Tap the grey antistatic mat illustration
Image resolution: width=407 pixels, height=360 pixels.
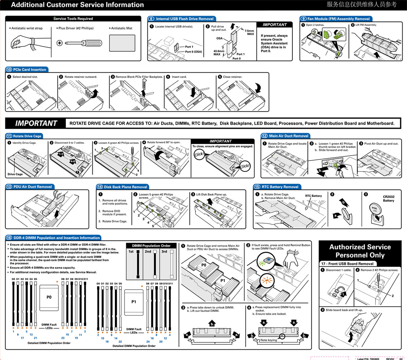tap(122, 43)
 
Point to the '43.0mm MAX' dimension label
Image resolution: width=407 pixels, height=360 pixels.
tap(218, 53)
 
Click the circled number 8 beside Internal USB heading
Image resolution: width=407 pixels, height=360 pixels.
tap(151, 19)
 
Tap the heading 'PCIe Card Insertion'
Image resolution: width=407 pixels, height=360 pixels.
tap(30, 69)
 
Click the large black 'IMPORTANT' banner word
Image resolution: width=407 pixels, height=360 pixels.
tap(36, 123)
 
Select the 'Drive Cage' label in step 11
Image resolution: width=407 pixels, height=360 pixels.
tap(15, 174)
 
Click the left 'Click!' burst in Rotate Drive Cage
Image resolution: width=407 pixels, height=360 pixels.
tap(199, 155)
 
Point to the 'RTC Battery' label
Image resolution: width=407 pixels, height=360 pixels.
tap(313, 196)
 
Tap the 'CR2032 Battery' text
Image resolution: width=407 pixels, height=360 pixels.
tap(388, 199)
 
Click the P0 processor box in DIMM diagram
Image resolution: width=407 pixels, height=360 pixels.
tap(49, 297)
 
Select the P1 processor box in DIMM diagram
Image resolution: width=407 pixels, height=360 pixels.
tap(134, 302)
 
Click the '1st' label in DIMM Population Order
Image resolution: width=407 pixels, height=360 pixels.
tap(131, 252)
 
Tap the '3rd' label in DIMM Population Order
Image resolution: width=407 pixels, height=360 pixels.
tap(164, 252)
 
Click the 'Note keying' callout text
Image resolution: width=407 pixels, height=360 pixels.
tap(268, 340)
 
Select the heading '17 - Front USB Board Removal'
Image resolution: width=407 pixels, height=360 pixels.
tap(347, 263)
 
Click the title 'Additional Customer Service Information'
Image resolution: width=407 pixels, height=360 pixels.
tap(77, 5)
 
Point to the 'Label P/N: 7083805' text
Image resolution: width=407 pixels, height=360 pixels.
tap(368, 359)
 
